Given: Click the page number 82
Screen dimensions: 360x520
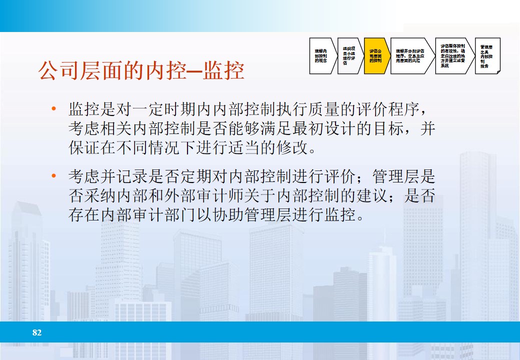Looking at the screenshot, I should pos(37,332).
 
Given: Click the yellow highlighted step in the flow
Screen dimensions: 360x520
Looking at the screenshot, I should pos(376,56).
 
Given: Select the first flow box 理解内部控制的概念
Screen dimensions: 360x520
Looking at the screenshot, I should pos(321,56).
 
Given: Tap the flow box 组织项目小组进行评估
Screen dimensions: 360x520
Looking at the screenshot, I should pos(349,56).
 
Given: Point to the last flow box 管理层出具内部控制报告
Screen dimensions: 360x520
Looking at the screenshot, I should pos(486,56).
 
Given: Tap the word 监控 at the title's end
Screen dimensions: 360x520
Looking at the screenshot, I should pos(227,71).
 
